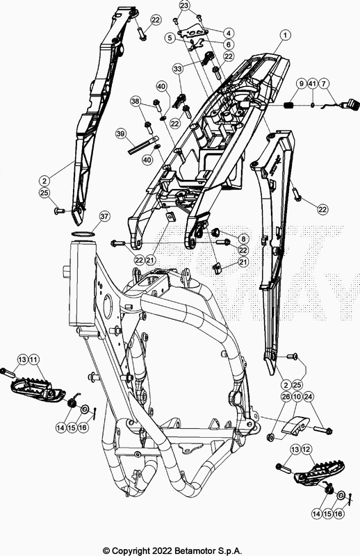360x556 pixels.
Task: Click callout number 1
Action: click(x=285, y=35)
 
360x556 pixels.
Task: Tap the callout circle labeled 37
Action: click(x=105, y=216)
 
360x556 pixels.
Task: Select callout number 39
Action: click(x=121, y=133)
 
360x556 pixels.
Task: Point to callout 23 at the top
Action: click(x=184, y=6)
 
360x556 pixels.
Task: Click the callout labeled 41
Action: click(x=312, y=84)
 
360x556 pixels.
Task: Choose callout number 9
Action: click(x=301, y=84)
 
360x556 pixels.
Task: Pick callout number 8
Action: click(x=244, y=239)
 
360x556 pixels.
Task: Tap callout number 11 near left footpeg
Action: click(x=33, y=360)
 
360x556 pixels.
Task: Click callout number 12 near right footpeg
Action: click(x=306, y=450)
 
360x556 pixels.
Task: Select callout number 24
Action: click(x=308, y=396)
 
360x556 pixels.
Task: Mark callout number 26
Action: click(x=286, y=396)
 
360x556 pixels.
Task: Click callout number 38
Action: click(x=136, y=101)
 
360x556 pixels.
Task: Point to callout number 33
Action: click(x=178, y=68)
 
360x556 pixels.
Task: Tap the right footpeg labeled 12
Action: click(x=319, y=473)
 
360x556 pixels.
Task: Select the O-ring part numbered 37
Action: click(x=83, y=234)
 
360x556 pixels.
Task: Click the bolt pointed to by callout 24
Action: click(x=322, y=430)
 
